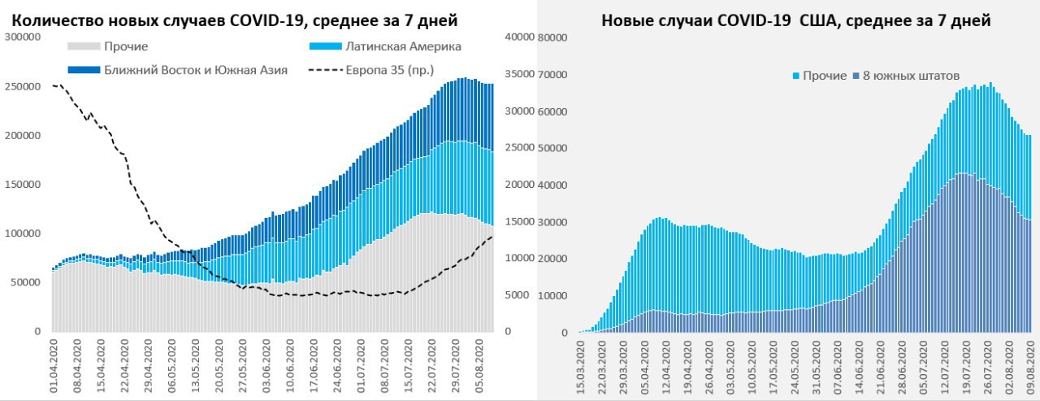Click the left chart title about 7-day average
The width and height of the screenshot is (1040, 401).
[x=235, y=20]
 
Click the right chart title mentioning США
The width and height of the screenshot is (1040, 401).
[x=795, y=20]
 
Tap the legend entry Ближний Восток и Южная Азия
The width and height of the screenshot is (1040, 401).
[x=196, y=70]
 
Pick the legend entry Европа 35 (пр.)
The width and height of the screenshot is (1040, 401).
[x=389, y=70]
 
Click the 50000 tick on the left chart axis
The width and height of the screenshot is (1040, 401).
[x=26, y=283]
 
